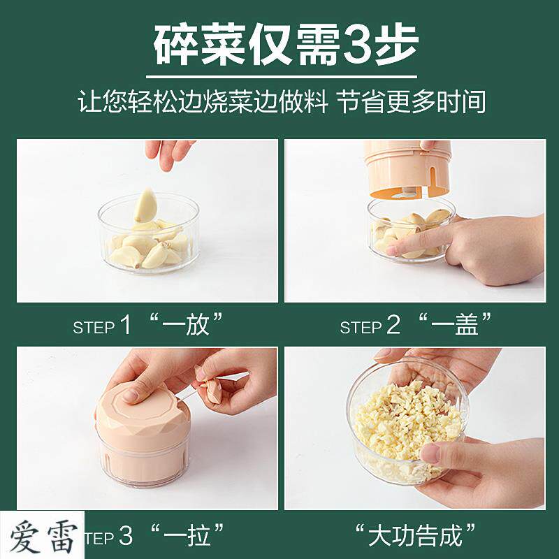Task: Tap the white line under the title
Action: tap(282, 76)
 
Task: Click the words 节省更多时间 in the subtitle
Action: tap(411, 102)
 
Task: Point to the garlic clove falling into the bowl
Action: tap(145, 205)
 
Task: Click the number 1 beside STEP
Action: tap(126, 325)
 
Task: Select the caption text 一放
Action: tap(185, 324)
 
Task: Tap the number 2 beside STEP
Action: tap(393, 325)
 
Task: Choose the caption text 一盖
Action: tap(454, 324)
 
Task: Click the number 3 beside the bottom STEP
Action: tap(126, 535)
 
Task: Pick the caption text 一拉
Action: tap(187, 535)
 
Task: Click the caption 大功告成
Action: tap(415, 535)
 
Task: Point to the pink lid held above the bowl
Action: tap(407, 168)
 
